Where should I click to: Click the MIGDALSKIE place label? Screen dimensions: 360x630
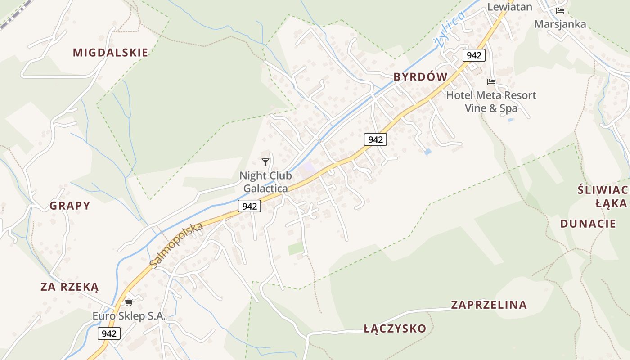(x=110, y=53)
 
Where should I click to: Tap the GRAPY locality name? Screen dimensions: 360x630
(x=70, y=206)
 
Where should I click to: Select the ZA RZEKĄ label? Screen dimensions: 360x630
(x=69, y=287)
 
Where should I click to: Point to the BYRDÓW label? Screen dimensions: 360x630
(x=420, y=77)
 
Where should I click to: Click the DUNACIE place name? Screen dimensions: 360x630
(x=588, y=224)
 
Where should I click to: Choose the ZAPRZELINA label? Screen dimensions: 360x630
(x=489, y=305)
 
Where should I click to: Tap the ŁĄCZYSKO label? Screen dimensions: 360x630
(x=395, y=328)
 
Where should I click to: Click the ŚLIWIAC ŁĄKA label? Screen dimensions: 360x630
(x=603, y=196)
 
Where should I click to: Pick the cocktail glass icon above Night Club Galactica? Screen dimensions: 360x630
(x=265, y=162)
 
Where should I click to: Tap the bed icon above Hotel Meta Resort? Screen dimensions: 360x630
(x=491, y=82)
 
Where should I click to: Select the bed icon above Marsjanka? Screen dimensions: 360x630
(x=560, y=11)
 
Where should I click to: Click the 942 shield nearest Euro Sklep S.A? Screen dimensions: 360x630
(x=109, y=333)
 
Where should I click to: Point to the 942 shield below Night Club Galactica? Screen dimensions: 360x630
(x=249, y=206)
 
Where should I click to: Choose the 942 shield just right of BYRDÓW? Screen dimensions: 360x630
(x=474, y=55)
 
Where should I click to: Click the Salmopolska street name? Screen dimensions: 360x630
(x=176, y=245)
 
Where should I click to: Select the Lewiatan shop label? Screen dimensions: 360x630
(x=509, y=7)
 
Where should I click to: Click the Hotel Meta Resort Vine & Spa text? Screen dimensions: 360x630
(x=491, y=102)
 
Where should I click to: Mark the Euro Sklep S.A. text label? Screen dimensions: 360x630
(x=129, y=316)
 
